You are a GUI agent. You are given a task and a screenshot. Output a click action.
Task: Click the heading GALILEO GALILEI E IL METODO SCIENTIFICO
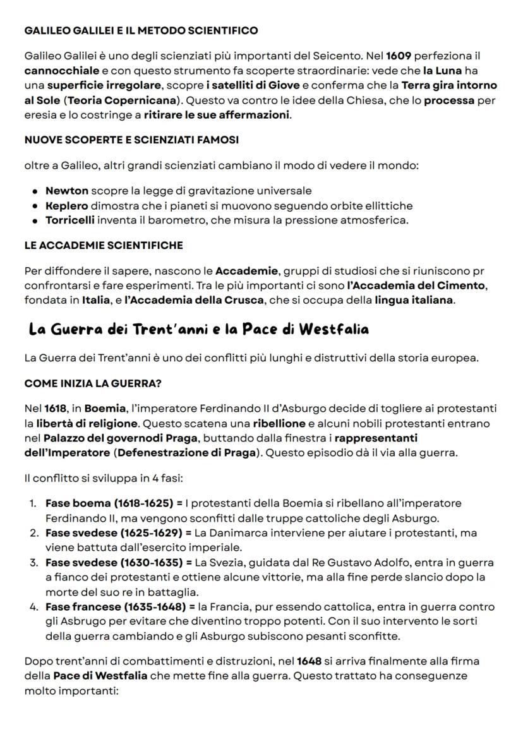(141, 30)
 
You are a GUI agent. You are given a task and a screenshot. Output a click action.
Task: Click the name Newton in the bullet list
(66, 190)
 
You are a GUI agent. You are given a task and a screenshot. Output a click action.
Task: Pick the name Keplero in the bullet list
(66, 205)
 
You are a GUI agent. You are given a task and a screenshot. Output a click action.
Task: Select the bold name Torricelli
(70, 220)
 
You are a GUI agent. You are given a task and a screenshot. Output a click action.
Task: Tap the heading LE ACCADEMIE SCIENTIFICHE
(104, 245)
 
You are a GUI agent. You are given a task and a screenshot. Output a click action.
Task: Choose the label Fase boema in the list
(73, 503)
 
